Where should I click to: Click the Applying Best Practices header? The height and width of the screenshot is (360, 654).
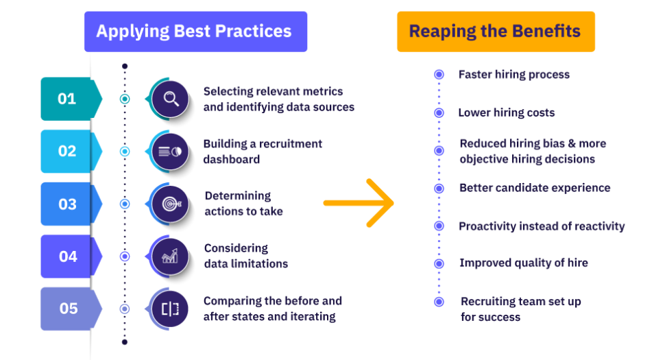pyautogui.click(x=195, y=32)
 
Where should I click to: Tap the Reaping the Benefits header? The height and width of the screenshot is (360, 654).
pyautogui.click(x=496, y=32)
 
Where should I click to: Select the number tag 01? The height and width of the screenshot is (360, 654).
pyautogui.click(x=71, y=99)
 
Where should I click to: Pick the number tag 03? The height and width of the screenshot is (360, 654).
pyautogui.click(x=71, y=204)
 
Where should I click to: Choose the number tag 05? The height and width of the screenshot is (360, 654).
pyautogui.click(x=71, y=309)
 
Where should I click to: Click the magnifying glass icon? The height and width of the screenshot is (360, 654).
pyautogui.click(x=170, y=99)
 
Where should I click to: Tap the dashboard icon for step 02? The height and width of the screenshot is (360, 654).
pyautogui.click(x=170, y=152)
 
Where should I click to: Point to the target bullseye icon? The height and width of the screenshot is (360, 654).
pyautogui.click(x=170, y=204)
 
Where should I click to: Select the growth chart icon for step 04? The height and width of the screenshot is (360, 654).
pyautogui.click(x=170, y=256)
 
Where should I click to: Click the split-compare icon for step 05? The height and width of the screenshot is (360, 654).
pyautogui.click(x=170, y=309)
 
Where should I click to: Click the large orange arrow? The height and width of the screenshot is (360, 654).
pyautogui.click(x=359, y=203)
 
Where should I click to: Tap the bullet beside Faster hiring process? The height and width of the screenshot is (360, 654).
pyautogui.click(x=439, y=75)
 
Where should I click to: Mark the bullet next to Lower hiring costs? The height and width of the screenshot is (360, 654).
pyautogui.click(x=439, y=112)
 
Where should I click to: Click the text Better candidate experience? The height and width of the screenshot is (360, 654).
pyautogui.click(x=535, y=188)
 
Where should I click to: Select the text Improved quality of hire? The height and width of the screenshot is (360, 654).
pyautogui.click(x=524, y=263)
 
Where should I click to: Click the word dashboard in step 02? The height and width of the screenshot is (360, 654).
pyautogui.click(x=232, y=159)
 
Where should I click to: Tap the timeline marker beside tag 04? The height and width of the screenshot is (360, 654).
pyautogui.click(x=125, y=256)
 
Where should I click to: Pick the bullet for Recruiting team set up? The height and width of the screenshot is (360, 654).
pyautogui.click(x=439, y=302)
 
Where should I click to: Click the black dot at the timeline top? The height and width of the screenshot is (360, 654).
pyautogui.click(x=125, y=67)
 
